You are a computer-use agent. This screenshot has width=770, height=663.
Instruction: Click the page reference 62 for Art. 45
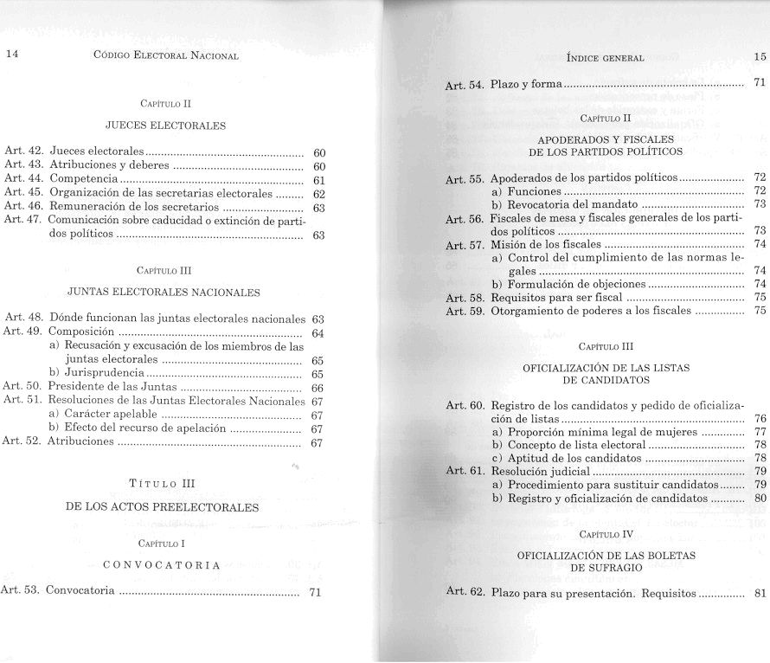tap(318, 194)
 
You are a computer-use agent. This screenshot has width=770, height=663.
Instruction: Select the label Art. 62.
tap(465, 594)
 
